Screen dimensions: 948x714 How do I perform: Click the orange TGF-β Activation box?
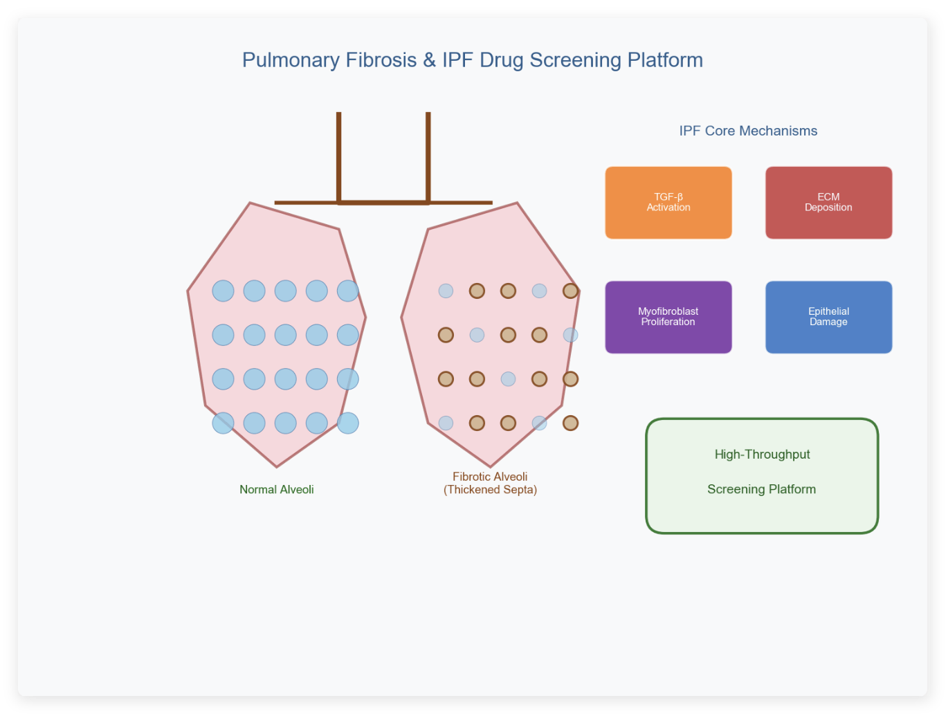click(668, 203)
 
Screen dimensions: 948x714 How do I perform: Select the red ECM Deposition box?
click(828, 203)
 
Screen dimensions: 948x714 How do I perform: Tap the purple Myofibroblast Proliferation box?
click(668, 317)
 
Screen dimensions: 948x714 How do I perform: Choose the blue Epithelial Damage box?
click(828, 317)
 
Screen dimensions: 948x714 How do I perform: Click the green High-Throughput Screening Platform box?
click(762, 476)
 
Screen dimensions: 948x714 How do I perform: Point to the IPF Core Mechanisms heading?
click(748, 131)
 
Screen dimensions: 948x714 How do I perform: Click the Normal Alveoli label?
click(276, 489)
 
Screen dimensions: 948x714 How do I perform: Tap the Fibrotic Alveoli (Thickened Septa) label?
click(490, 483)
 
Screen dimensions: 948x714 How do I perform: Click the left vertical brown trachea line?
click(338, 157)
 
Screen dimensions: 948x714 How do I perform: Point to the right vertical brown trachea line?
click(428, 157)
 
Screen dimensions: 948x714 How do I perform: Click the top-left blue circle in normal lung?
click(223, 291)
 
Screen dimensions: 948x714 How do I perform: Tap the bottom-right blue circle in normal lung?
click(347, 423)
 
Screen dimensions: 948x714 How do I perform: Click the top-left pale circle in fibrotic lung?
click(446, 291)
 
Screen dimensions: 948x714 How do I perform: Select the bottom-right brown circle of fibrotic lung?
click(570, 423)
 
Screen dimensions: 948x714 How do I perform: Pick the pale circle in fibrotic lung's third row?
click(508, 378)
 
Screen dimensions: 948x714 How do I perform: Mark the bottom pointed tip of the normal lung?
click(277, 466)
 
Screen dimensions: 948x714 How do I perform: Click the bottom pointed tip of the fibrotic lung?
click(490, 466)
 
